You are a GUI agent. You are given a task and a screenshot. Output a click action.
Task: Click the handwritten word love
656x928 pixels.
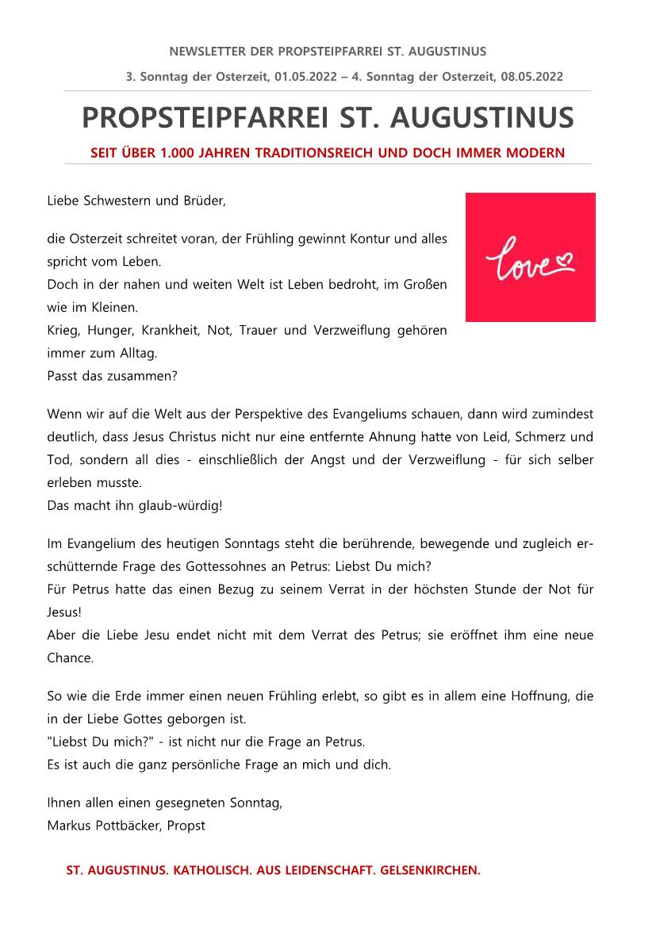click(x=521, y=261)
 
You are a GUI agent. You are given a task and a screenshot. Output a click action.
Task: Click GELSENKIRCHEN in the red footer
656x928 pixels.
click(x=432, y=870)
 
